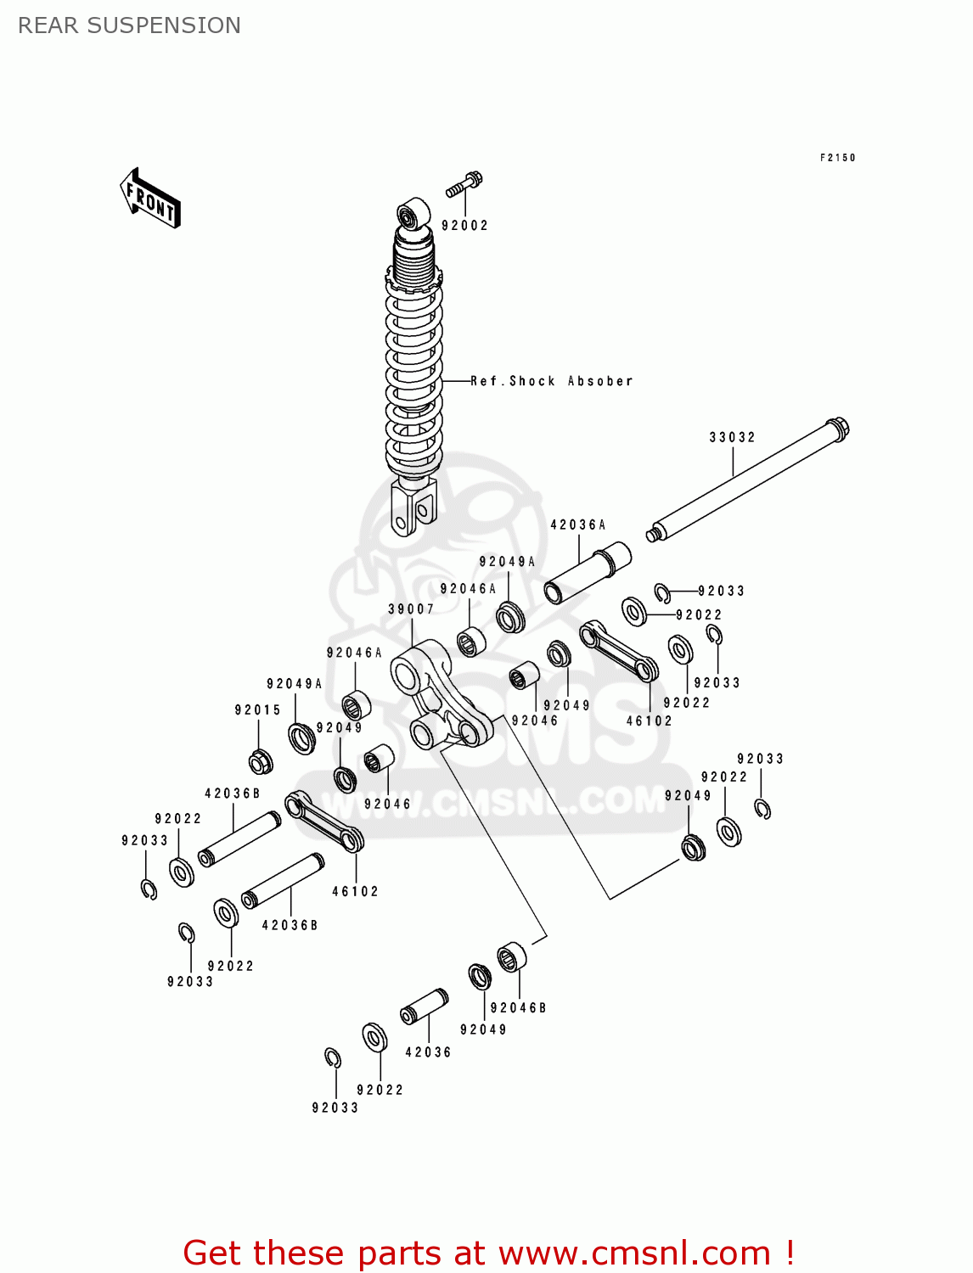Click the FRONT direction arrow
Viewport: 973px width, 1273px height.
pyautogui.click(x=150, y=199)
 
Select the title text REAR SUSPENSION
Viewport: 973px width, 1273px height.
pyautogui.click(x=129, y=25)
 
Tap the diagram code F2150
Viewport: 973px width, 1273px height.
pyautogui.click(x=837, y=158)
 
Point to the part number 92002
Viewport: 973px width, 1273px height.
pyautogui.click(x=464, y=226)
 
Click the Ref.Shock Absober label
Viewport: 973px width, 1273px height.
pyautogui.click(x=552, y=381)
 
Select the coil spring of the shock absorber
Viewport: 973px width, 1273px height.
pyautogui.click(x=413, y=373)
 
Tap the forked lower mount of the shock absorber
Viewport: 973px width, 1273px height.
pyautogui.click(x=413, y=509)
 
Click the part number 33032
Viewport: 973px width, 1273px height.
pyautogui.click(x=732, y=437)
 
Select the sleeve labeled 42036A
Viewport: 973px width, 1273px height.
pyautogui.click(x=588, y=574)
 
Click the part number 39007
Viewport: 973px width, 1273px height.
pyautogui.click(x=411, y=609)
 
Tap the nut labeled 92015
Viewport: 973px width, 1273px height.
pyautogui.click(x=260, y=761)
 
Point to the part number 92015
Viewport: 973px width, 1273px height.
pyautogui.click(x=257, y=710)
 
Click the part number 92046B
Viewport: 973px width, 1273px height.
pyautogui.click(x=518, y=1008)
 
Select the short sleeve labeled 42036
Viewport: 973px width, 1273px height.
pyautogui.click(x=425, y=1007)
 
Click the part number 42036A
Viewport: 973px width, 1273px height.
pyautogui.click(x=577, y=525)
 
